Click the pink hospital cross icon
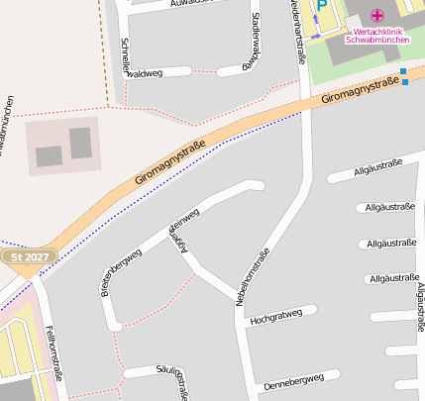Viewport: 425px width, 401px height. pyautogui.click(x=376, y=15)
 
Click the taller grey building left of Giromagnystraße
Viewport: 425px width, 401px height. pyautogui.click(x=80, y=143)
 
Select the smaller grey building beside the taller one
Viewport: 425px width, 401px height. pyautogui.click(x=49, y=155)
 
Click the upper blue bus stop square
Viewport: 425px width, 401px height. pyautogui.click(x=404, y=71)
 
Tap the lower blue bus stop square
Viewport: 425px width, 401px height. pyautogui.click(x=404, y=82)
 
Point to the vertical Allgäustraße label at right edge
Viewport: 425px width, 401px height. pyautogui.click(x=420, y=307)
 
